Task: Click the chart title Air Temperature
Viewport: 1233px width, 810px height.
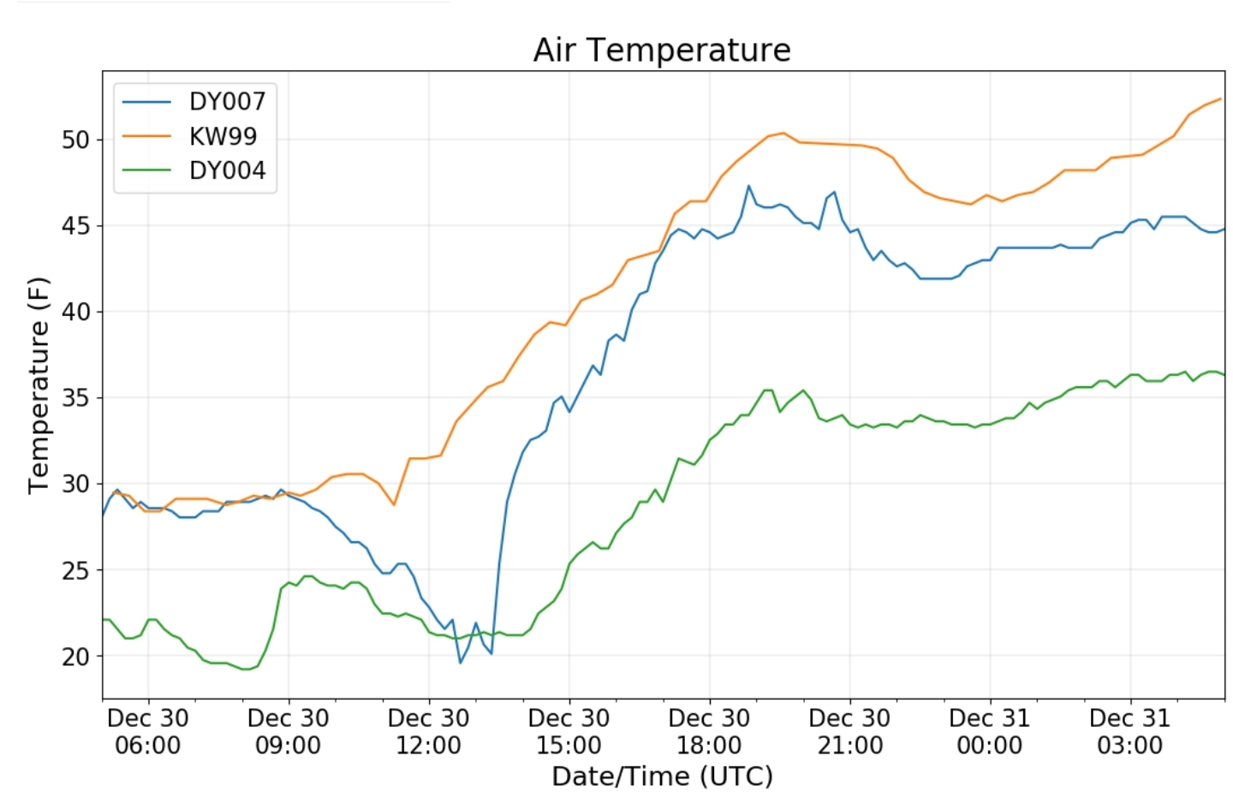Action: (x=661, y=50)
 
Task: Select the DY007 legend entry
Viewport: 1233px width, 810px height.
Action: (x=227, y=101)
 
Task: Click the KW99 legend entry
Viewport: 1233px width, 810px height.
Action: (x=223, y=136)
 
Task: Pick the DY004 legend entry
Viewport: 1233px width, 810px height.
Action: (x=227, y=170)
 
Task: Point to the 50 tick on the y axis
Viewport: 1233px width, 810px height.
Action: (x=75, y=140)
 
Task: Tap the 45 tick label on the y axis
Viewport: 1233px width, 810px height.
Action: (x=75, y=226)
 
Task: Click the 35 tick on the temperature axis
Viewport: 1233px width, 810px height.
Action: (x=75, y=398)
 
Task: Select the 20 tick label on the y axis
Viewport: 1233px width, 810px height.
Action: (x=75, y=657)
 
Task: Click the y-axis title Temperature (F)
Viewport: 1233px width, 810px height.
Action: (x=39, y=385)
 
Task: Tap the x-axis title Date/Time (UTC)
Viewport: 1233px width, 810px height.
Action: (x=662, y=776)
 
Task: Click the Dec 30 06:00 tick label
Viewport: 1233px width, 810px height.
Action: (x=148, y=731)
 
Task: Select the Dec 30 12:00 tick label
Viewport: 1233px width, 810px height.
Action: (x=428, y=731)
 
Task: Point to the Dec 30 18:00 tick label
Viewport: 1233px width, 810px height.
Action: (x=709, y=731)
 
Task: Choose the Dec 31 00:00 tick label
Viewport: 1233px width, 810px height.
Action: (x=990, y=731)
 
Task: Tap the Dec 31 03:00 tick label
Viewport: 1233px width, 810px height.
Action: (x=1129, y=731)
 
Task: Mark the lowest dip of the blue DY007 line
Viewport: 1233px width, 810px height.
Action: (x=460, y=663)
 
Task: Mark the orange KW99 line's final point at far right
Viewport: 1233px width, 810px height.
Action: (x=1220, y=98)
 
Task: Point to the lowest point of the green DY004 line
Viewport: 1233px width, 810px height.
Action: (x=246, y=669)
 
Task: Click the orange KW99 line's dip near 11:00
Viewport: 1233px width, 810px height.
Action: (x=394, y=504)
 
